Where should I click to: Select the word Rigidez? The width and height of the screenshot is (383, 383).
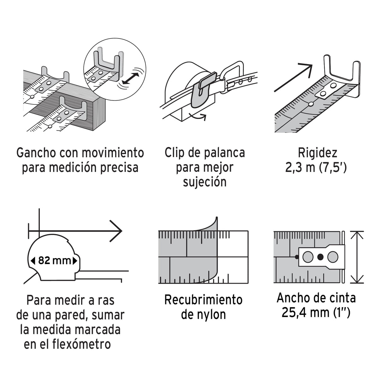pyautogui.click(x=317, y=153)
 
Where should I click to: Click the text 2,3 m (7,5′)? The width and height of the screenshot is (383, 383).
pyautogui.click(x=316, y=168)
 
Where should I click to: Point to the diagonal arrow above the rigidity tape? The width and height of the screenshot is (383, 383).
pyautogui.click(x=293, y=78)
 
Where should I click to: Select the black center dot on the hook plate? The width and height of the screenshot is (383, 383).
pyautogui.click(x=320, y=257)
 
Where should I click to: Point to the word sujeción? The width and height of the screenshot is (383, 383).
pyautogui.click(x=205, y=182)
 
